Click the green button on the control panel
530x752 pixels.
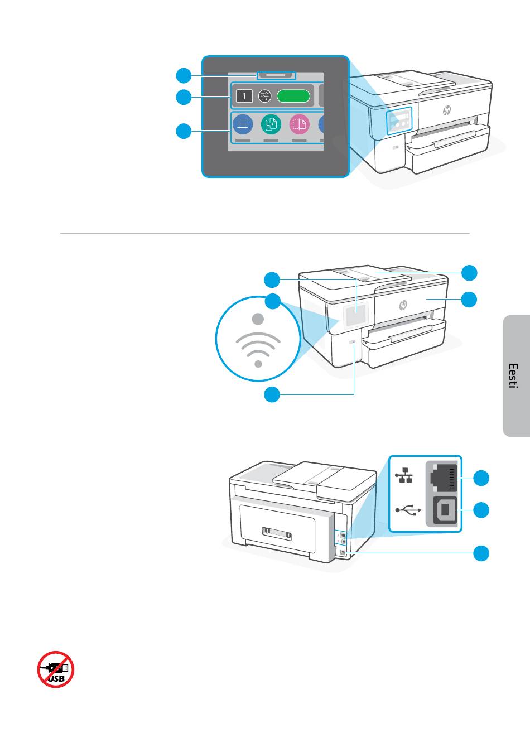click(293, 96)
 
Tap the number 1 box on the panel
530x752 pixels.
click(244, 97)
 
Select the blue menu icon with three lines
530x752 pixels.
click(243, 124)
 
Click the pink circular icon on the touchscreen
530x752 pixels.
click(300, 124)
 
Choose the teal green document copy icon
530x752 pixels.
click(271, 124)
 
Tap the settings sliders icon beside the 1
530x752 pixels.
click(265, 97)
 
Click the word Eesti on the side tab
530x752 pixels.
click(513, 376)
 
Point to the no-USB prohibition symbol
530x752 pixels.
click(56, 669)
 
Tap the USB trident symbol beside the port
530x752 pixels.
click(406, 510)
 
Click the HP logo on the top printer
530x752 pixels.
click(447, 110)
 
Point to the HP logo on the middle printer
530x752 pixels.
click(403, 305)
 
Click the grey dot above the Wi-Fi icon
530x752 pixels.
click(258, 319)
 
